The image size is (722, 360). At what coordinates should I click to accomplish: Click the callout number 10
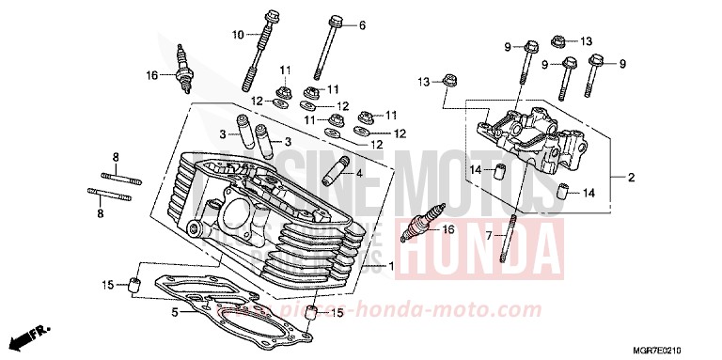[x=238, y=36]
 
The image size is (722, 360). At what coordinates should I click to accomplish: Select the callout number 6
[x=363, y=24]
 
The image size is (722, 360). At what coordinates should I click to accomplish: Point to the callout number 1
[x=403, y=267]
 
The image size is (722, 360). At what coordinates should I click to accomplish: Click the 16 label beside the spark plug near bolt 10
[x=149, y=75]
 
